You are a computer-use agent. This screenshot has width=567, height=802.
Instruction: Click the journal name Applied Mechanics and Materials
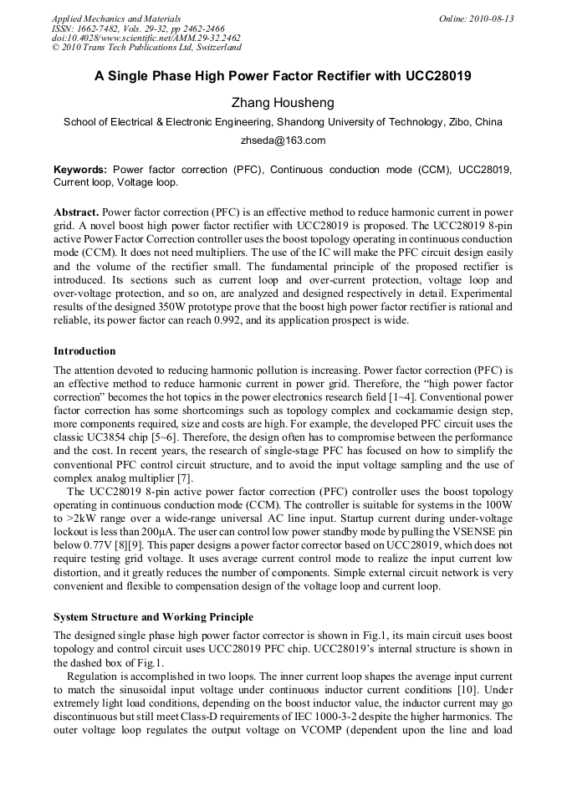click(115, 18)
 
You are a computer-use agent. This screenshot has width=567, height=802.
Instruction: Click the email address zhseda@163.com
click(283, 140)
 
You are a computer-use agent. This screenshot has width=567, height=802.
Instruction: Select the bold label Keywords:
click(80, 169)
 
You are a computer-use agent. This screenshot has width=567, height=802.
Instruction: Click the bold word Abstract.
click(76, 213)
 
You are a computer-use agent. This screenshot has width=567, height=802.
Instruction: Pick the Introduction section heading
click(84, 350)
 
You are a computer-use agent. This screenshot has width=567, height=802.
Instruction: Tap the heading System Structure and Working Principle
click(153, 617)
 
